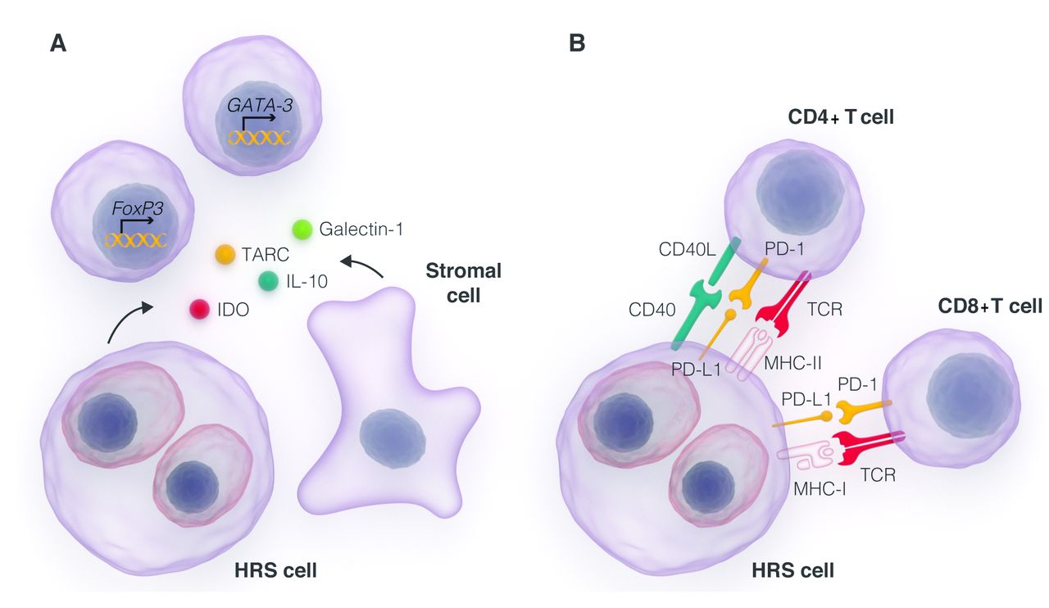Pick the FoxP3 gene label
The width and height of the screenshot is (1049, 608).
point(136,208)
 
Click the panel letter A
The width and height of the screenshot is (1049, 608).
point(57,43)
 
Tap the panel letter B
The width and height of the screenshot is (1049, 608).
point(576,43)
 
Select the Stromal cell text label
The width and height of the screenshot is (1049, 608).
point(463,283)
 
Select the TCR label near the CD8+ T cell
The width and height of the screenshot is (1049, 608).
point(878,473)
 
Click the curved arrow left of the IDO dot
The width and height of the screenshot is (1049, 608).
point(129,320)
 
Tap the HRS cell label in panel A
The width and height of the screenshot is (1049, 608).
point(275,570)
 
